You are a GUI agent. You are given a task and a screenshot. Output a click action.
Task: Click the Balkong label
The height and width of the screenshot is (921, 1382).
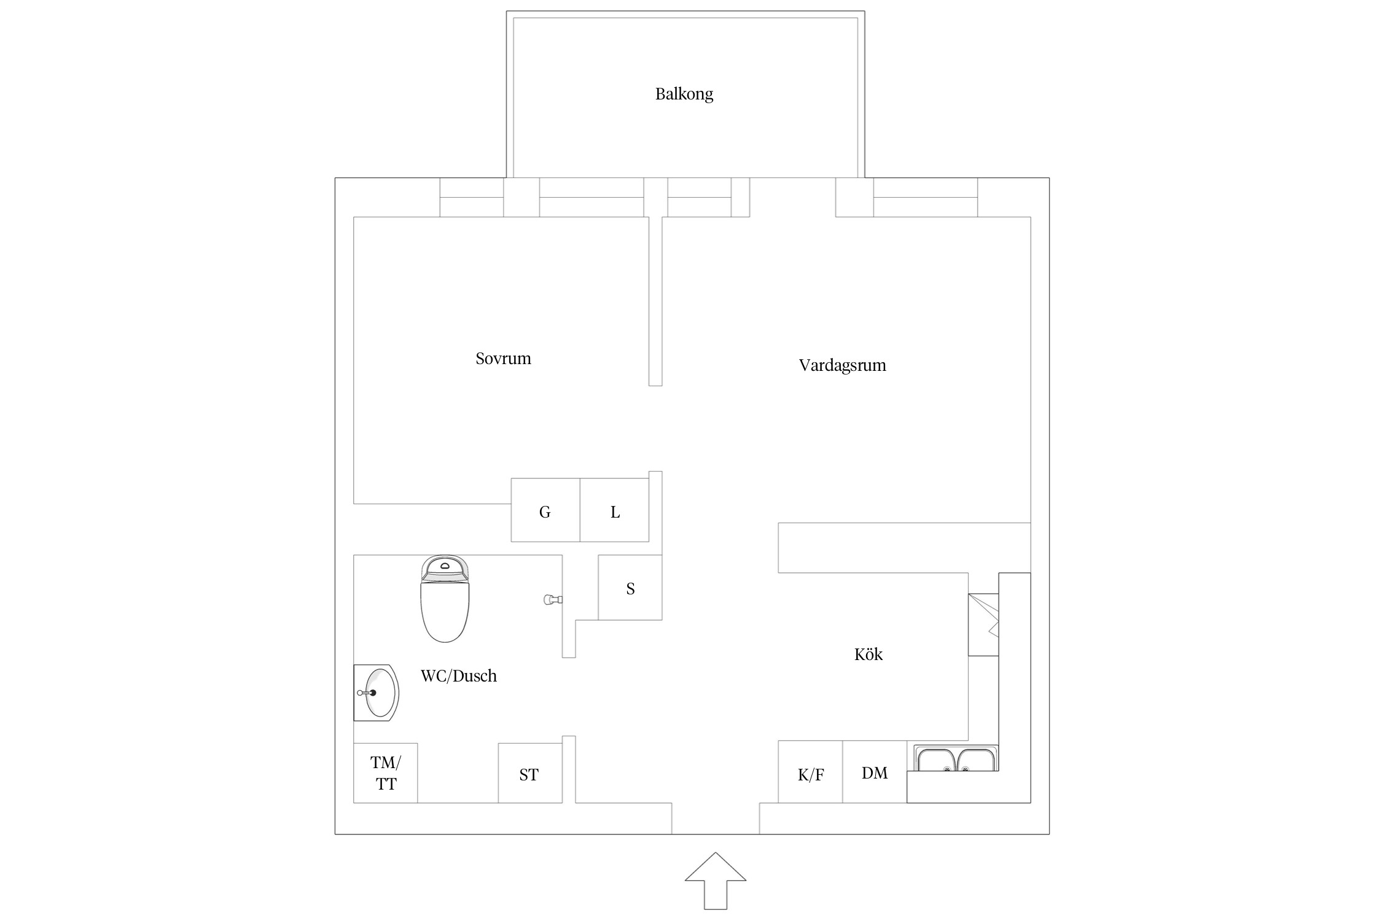tap(684, 94)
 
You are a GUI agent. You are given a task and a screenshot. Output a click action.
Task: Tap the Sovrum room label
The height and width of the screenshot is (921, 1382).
tap(503, 359)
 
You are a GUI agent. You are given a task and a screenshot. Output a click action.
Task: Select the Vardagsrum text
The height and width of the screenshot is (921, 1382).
tap(842, 365)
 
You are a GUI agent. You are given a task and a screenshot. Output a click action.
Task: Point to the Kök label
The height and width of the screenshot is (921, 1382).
tap(868, 654)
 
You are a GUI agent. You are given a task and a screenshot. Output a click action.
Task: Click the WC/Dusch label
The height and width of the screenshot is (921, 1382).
tap(458, 676)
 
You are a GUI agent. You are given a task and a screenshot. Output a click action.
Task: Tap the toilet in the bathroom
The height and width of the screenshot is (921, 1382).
tap(445, 599)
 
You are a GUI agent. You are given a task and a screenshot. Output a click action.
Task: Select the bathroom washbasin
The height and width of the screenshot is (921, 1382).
tap(376, 692)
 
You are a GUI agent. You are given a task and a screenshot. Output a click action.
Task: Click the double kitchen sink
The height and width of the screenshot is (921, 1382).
tap(956, 758)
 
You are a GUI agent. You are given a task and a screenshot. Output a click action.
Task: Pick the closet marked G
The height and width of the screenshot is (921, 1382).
tap(545, 510)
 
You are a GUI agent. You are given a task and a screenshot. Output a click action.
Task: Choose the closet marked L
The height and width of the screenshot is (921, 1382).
tap(614, 510)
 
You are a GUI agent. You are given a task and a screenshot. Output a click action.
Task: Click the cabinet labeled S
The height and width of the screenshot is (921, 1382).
tap(630, 588)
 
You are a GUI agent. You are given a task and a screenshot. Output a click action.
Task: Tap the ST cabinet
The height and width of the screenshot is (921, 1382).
tap(530, 773)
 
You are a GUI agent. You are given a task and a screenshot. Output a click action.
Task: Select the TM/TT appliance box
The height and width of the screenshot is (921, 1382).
tap(386, 773)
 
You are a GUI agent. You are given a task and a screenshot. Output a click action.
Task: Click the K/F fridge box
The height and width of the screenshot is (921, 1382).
tap(810, 772)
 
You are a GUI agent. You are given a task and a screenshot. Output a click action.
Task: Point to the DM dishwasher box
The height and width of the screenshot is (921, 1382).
tap(875, 772)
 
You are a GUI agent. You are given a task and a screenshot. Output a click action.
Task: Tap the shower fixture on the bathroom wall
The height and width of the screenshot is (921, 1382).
tap(553, 600)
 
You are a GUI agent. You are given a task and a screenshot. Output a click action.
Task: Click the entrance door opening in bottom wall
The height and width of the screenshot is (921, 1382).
tap(716, 818)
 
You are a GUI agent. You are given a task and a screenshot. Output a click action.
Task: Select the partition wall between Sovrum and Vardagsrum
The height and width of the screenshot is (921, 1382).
tap(655, 301)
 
